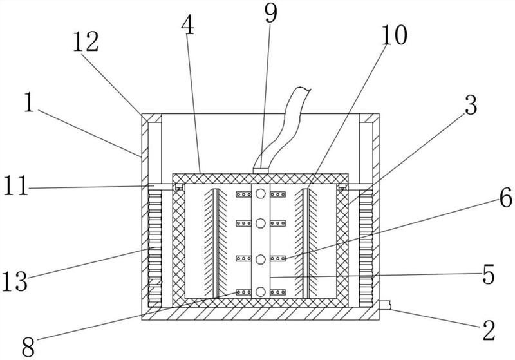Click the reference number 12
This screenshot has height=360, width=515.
[x=86, y=42]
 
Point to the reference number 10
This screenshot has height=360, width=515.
[x=394, y=35]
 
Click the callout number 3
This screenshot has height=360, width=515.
[x=471, y=105]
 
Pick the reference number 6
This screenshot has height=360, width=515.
[x=506, y=198]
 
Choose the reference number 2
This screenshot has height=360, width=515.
[x=489, y=330]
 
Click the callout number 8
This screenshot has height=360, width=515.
[x=28, y=347]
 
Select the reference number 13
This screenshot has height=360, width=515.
[x=15, y=281]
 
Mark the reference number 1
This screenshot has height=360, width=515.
[x=29, y=102]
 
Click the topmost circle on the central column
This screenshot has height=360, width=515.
[x=261, y=193]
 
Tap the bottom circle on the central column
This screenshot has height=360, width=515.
[x=261, y=292]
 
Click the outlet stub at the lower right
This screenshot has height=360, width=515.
[x=385, y=305]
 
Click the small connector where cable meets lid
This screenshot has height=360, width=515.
[x=261, y=171]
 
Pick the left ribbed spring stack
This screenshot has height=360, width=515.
[x=155, y=249]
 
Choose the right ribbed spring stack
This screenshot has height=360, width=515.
[x=366, y=249]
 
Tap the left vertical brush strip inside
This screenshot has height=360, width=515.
[x=216, y=243]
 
